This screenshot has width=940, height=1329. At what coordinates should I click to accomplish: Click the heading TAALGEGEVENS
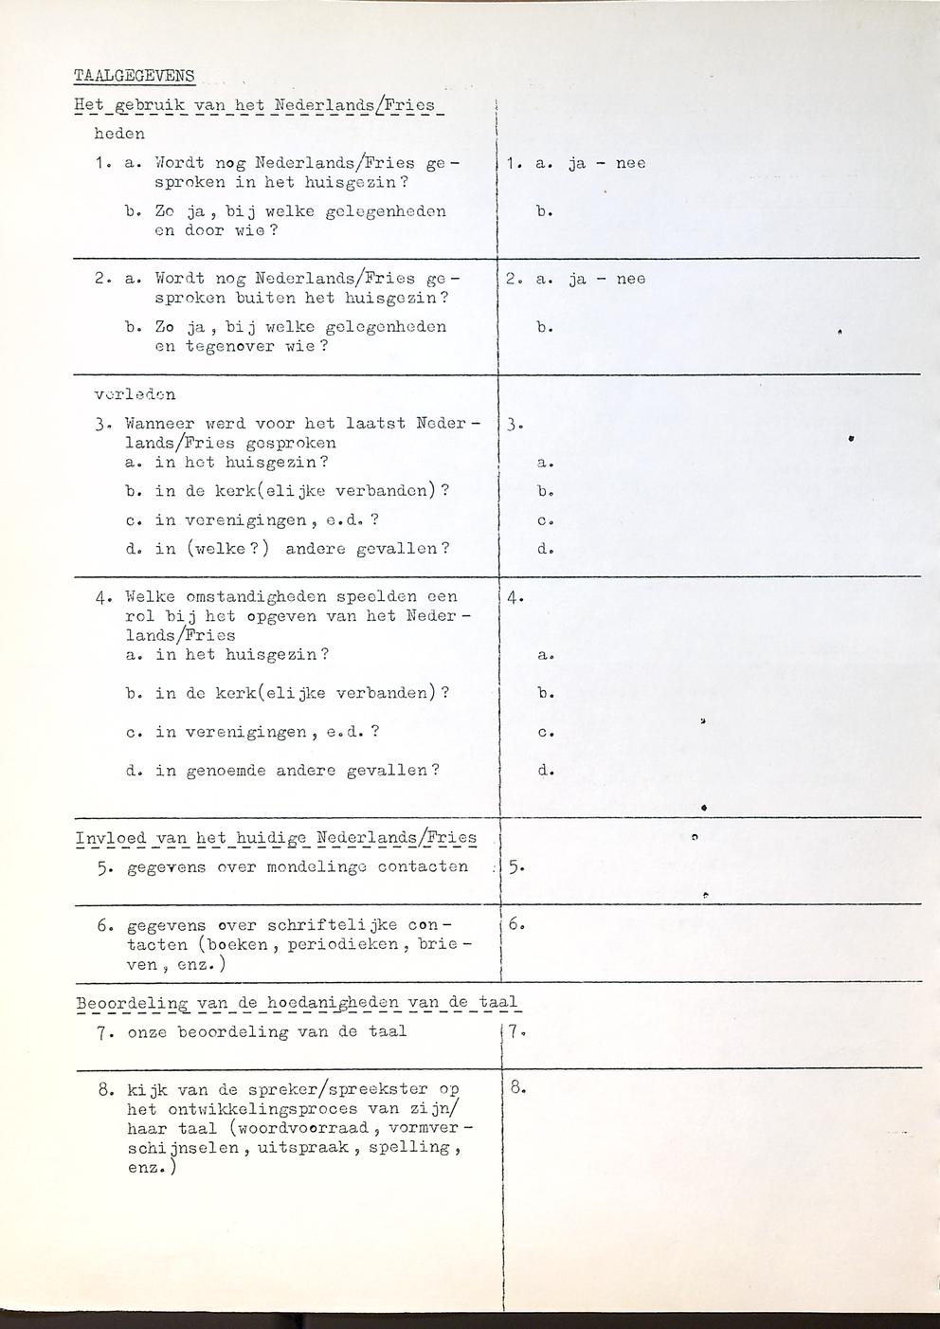click(x=134, y=76)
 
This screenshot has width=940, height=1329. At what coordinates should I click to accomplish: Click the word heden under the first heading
click(x=120, y=134)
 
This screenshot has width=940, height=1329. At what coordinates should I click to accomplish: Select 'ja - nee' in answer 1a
click(x=606, y=163)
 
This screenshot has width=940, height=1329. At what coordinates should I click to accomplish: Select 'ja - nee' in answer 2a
click(x=606, y=279)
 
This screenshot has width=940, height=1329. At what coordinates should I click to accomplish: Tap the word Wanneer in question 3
click(x=159, y=424)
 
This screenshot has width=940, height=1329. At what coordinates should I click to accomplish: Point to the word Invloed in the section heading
click(x=111, y=838)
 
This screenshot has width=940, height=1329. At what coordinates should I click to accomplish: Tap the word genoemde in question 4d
click(x=224, y=771)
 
